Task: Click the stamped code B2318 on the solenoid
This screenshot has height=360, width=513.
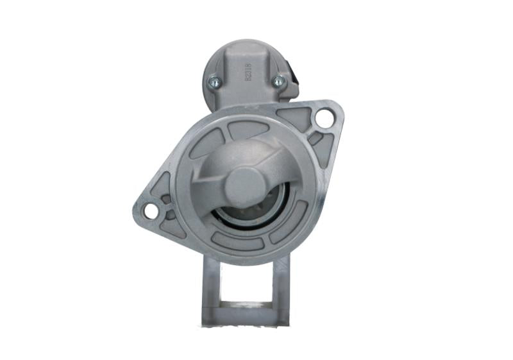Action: click(x=248, y=71)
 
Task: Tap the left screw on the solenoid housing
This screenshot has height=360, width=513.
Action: click(x=214, y=81)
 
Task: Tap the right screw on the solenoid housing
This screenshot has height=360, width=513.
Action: click(x=279, y=81)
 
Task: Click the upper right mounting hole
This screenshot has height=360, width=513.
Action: click(x=324, y=118)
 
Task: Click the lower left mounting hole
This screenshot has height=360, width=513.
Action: click(x=151, y=210)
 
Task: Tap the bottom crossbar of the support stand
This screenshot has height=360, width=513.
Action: click(x=246, y=315)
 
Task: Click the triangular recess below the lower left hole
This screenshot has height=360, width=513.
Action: click(x=172, y=226)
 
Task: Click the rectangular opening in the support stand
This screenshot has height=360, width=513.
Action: click(x=246, y=282)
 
